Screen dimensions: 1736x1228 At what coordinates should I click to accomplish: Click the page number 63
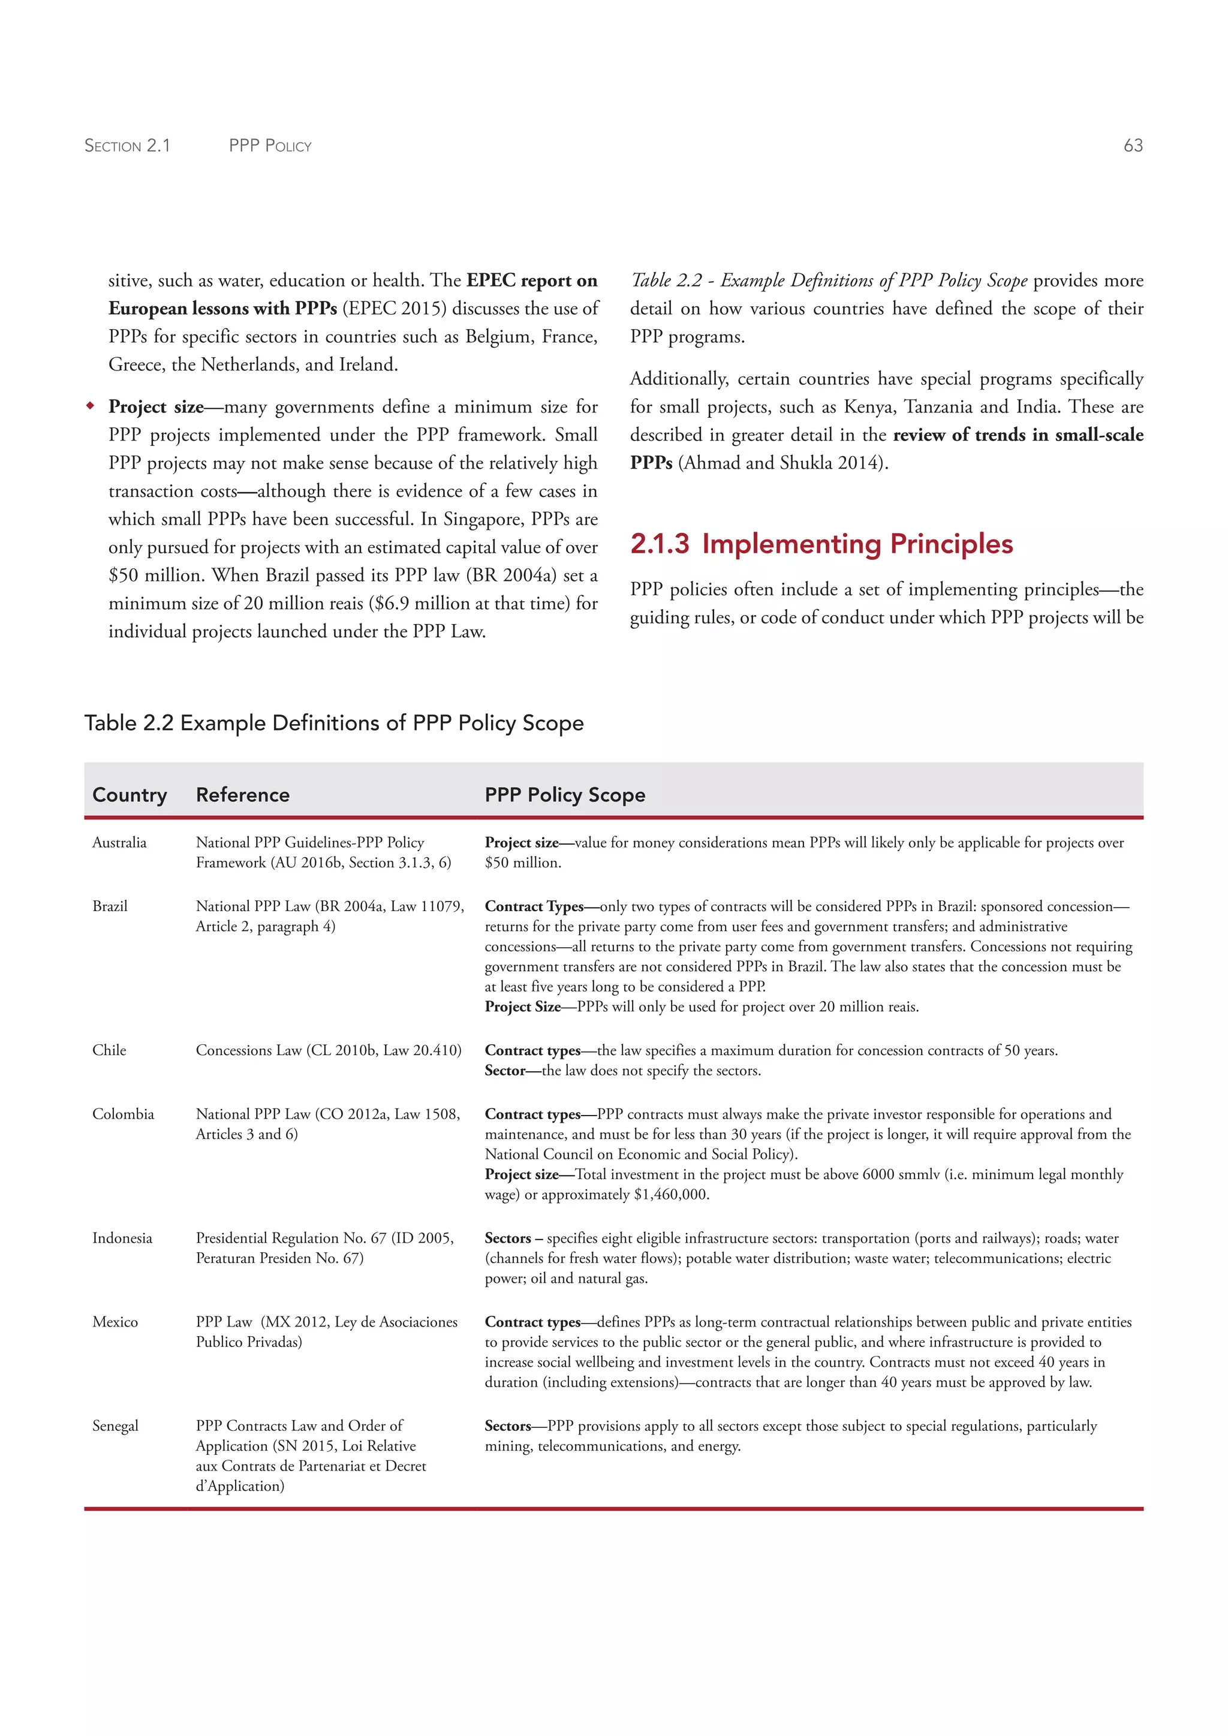[x=1133, y=145]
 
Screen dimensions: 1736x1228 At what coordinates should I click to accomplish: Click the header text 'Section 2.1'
[x=127, y=145]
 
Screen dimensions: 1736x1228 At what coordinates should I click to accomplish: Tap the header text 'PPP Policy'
[x=270, y=145]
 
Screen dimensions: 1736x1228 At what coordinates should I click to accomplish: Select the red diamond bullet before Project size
[x=90, y=406]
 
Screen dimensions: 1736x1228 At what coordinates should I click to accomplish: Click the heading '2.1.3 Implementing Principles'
[x=821, y=544]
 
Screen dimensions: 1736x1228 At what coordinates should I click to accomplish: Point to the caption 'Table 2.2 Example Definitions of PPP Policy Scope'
[x=333, y=723]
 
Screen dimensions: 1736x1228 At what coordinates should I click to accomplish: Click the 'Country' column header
[x=130, y=795]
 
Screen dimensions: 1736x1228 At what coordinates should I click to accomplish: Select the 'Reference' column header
[x=242, y=795]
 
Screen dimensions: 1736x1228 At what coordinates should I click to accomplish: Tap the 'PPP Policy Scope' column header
[x=564, y=795]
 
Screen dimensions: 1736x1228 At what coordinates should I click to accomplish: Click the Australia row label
[x=119, y=842]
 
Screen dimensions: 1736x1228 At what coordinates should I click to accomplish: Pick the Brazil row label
[x=110, y=906]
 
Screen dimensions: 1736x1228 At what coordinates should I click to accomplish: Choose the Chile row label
[x=109, y=1050]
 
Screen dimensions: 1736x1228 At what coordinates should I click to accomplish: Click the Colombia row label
[x=122, y=1114]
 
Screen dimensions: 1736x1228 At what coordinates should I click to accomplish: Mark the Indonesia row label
[x=122, y=1238]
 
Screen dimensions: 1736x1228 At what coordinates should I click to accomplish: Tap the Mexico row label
[x=115, y=1322]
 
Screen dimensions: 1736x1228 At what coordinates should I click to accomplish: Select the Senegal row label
[x=115, y=1425]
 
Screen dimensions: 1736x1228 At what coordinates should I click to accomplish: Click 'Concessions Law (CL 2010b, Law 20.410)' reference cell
[x=328, y=1050]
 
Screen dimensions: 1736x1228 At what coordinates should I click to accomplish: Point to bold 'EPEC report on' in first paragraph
[x=532, y=281]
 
